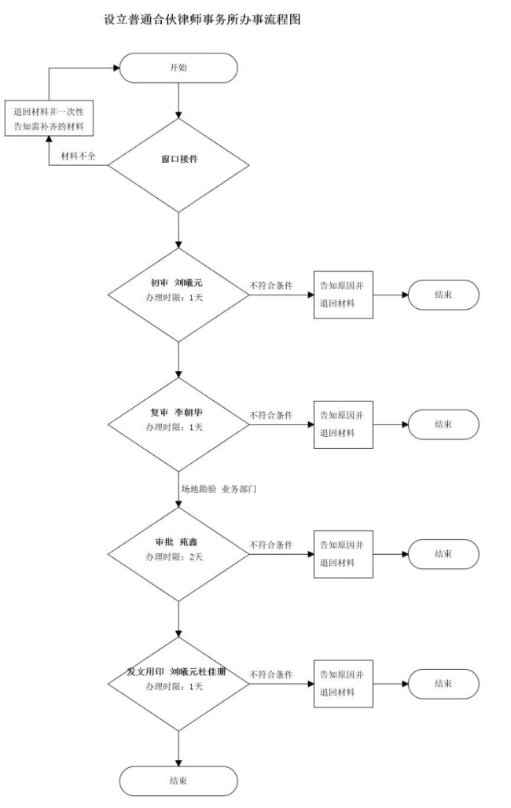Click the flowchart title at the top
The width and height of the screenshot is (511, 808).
click(202, 19)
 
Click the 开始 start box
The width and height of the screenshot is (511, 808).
click(178, 68)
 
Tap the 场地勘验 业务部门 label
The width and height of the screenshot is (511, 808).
click(219, 488)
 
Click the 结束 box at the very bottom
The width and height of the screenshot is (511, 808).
click(178, 780)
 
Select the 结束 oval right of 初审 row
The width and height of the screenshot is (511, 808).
click(443, 295)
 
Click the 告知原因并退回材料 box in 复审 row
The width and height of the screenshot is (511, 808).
click(343, 424)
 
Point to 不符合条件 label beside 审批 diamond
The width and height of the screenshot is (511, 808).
click(271, 545)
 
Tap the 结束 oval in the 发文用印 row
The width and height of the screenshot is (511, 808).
click(443, 684)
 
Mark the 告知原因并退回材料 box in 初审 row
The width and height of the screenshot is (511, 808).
click(343, 295)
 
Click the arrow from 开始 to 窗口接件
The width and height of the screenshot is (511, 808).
click(179, 100)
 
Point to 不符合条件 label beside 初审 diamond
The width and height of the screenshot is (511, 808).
click(271, 285)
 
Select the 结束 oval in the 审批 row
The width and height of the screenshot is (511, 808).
click(443, 554)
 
